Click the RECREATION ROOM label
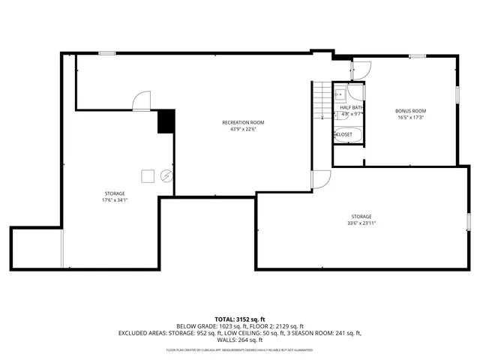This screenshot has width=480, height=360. click(x=243, y=122)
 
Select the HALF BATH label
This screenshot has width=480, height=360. click(x=351, y=108)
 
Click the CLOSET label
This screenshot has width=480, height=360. click(x=343, y=134)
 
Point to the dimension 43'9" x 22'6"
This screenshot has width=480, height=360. click(x=243, y=129)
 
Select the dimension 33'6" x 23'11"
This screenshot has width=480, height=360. click(x=361, y=223)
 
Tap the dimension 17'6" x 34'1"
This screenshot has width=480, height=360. click(x=114, y=200)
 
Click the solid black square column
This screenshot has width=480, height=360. click(x=166, y=121)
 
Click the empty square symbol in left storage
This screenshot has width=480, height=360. click(x=148, y=175)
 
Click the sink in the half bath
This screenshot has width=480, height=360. click(x=340, y=94)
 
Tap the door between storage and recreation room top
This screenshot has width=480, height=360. click(x=142, y=101)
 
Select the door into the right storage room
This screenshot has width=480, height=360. click(x=320, y=179)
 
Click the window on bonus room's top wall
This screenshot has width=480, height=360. click(x=418, y=55)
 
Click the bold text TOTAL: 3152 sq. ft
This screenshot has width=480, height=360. click(x=239, y=319)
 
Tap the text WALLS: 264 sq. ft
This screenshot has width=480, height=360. click(x=239, y=339)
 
